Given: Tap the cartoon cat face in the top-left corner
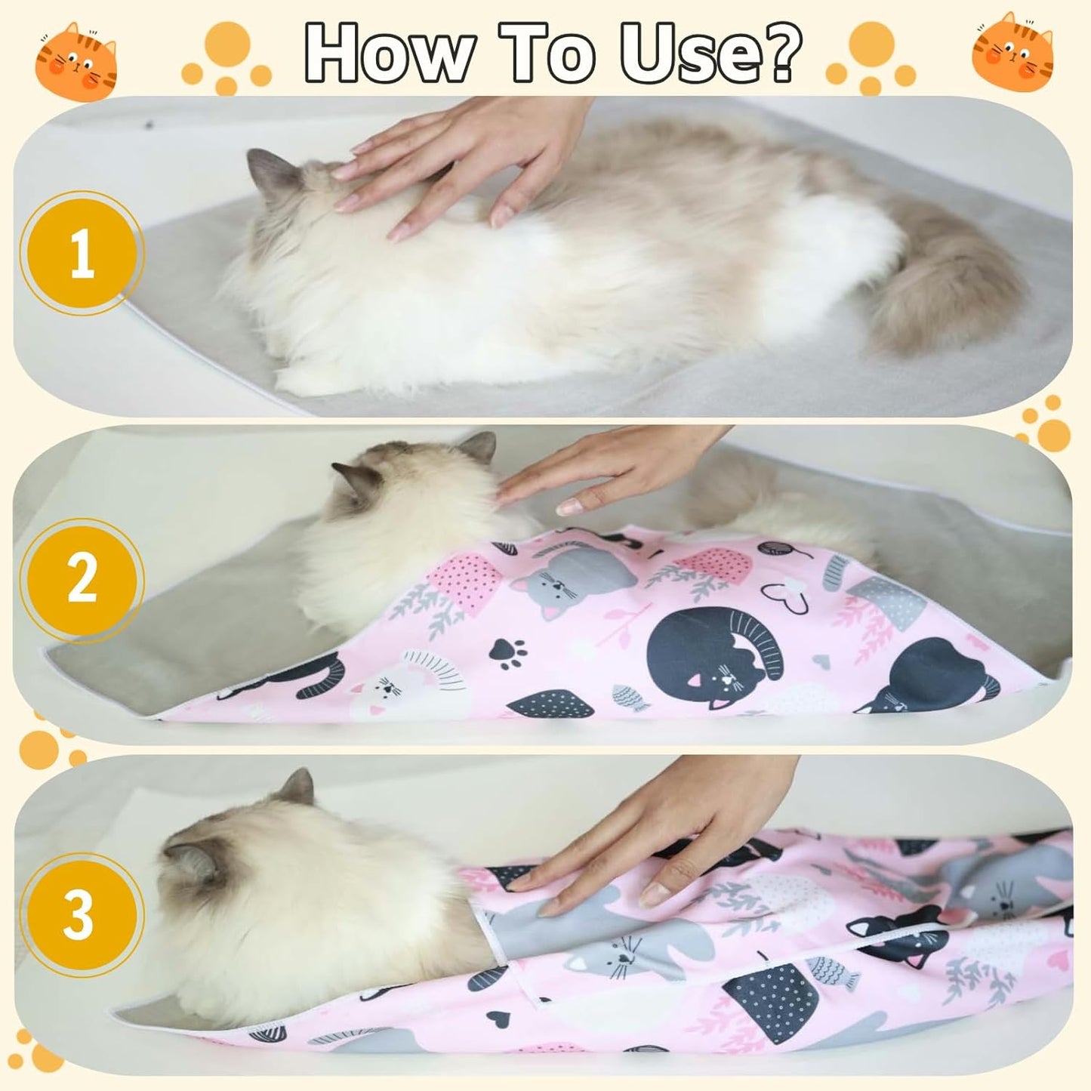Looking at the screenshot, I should pyautogui.click(x=76, y=60).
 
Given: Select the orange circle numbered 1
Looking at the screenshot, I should pyautogui.click(x=82, y=253).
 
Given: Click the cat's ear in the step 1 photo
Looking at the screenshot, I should pyautogui.click(x=268, y=170).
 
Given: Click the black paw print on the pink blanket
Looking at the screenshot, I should pyautogui.click(x=508, y=653).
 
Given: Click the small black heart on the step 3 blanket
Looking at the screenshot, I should pyautogui.click(x=496, y=1015).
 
